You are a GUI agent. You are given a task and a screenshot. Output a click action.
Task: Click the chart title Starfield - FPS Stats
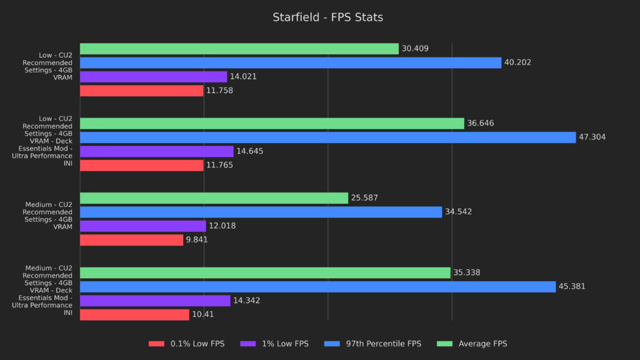pos(327,17)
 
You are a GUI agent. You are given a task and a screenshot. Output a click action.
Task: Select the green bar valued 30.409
pos(239,49)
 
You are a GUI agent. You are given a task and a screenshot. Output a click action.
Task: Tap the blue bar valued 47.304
pos(327,137)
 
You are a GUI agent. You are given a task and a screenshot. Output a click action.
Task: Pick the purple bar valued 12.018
pos(142,226)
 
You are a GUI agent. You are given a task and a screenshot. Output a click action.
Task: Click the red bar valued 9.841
pos(131,240)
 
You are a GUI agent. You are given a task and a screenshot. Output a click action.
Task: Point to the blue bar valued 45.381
pos(317,287)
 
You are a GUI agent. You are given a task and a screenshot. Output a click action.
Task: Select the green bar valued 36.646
pos(272,124)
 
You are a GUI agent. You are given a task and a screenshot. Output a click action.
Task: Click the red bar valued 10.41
pos(134,314)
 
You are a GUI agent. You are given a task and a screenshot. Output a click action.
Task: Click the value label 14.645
pos(250,151)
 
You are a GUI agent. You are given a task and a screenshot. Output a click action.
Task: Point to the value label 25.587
pos(364,198)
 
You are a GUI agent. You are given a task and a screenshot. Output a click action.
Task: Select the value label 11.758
pos(220,91)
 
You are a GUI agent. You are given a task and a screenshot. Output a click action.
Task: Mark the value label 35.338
pos(466,273)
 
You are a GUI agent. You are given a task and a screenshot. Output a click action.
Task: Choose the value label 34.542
pos(458,212)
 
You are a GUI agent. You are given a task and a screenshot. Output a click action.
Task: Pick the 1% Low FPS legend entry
pos(276,344)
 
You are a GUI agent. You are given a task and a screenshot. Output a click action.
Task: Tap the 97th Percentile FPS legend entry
pos(374,344)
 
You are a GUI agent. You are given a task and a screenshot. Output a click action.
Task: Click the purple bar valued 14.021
pos(153,77)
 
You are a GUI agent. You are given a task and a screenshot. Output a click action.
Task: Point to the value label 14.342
pos(246,301)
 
